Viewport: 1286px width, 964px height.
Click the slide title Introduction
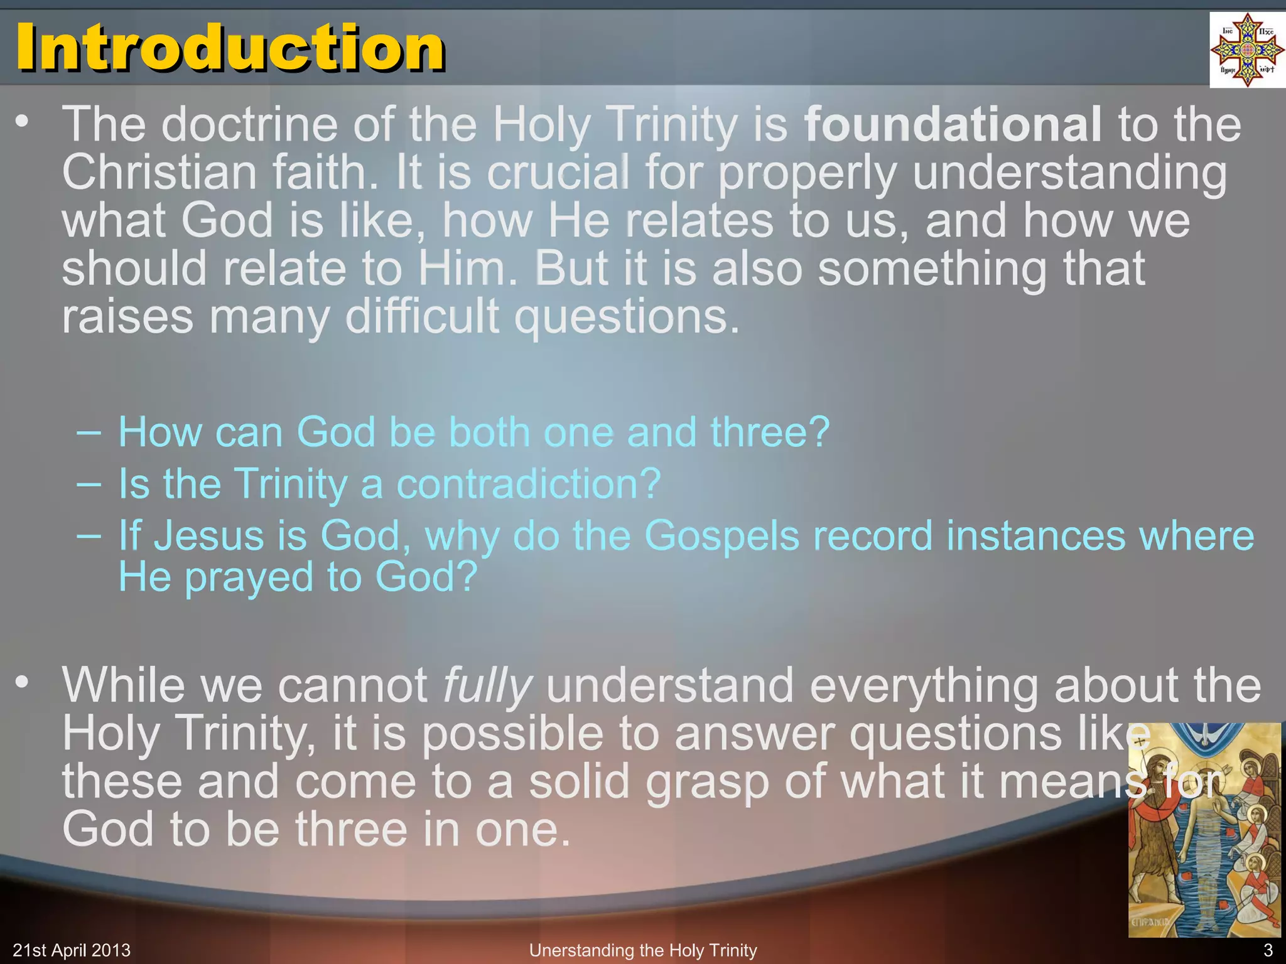point(230,48)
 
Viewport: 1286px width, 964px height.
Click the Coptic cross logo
point(1246,50)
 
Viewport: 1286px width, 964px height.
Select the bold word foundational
point(953,124)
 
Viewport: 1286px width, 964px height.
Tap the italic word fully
point(487,685)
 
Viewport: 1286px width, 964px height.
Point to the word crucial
point(558,173)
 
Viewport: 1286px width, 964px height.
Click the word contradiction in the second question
point(528,484)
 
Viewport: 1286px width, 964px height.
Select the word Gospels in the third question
point(721,536)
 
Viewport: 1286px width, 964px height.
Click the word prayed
point(249,577)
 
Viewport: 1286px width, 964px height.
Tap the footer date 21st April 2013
point(72,950)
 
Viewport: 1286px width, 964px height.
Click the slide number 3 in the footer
point(1267,950)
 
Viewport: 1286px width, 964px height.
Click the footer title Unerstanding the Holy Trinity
point(643,950)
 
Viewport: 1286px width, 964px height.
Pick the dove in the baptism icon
point(1204,734)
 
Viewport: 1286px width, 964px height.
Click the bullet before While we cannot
point(23,682)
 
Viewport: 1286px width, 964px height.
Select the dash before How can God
point(88,432)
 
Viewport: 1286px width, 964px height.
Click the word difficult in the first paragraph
point(422,317)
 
